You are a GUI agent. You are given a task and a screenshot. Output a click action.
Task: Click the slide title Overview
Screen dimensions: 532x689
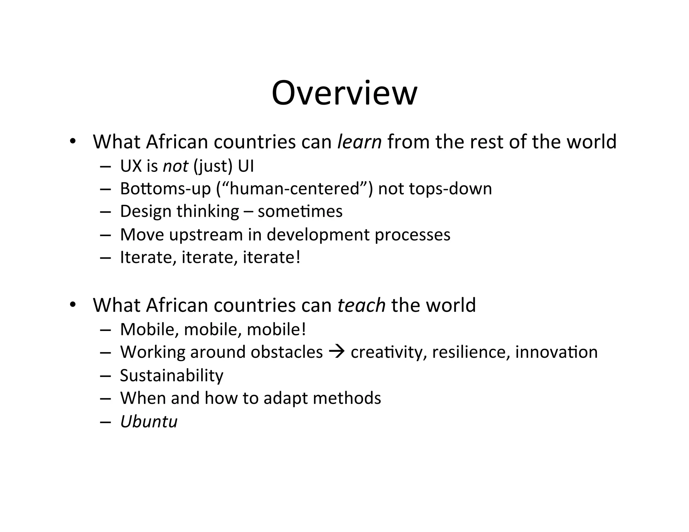[x=344, y=93]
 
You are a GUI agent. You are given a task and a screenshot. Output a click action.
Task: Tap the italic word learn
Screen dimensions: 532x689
[x=359, y=142]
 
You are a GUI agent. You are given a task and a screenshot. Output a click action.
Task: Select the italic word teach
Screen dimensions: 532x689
[x=361, y=305]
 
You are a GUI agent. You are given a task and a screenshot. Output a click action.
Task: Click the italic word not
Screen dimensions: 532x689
[x=175, y=166]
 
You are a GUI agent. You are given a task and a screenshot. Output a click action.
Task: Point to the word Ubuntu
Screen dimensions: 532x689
[x=149, y=421]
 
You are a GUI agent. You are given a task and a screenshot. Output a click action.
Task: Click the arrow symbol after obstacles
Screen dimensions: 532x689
[x=336, y=352]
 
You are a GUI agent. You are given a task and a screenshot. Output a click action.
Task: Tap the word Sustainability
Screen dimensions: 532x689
[x=172, y=375]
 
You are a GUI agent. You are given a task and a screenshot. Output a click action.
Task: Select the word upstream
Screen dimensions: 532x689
[x=206, y=234]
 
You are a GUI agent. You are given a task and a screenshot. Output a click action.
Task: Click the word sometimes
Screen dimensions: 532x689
[x=300, y=212]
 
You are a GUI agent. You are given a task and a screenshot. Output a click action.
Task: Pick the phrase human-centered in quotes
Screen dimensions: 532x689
[x=294, y=189]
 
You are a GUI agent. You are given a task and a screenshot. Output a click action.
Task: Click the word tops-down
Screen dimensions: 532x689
[x=450, y=189]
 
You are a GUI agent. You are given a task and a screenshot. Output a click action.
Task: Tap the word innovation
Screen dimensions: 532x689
[x=556, y=352]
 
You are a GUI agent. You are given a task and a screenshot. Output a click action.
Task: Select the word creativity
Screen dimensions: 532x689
[x=387, y=352]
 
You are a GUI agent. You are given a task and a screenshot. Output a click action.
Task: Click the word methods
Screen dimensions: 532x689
[x=347, y=398]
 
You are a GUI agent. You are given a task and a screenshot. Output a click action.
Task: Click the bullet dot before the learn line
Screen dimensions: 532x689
[x=72, y=141]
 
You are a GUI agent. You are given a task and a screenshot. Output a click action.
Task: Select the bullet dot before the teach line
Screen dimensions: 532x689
[x=72, y=305]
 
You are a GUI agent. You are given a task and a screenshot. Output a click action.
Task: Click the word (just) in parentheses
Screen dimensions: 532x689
[x=213, y=166]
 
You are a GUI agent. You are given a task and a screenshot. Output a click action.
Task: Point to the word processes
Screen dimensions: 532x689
[x=412, y=234]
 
